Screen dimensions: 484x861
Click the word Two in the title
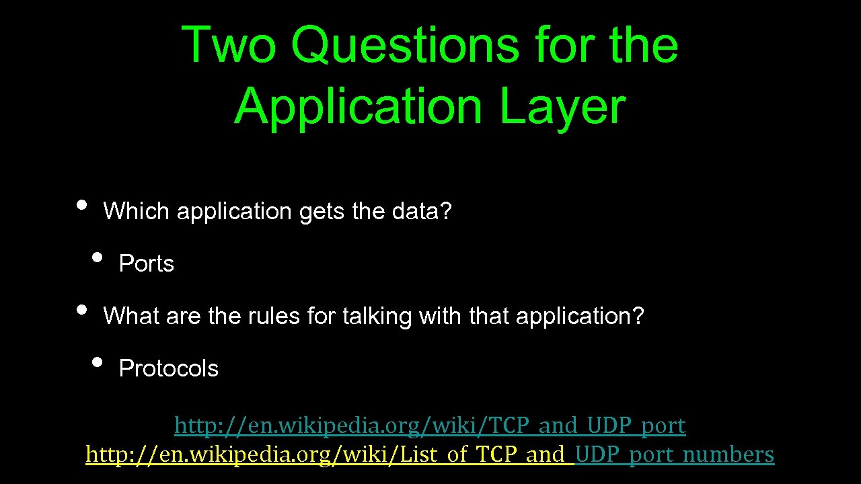coord(229,46)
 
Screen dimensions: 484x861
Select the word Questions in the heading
coord(405,46)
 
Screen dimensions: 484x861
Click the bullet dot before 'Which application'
coord(82,205)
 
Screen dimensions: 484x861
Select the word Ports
coord(146,264)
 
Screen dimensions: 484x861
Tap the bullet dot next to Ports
coord(98,257)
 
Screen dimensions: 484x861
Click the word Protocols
coord(168,369)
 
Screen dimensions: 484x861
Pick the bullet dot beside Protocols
coord(98,362)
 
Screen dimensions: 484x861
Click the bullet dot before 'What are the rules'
coord(82,309)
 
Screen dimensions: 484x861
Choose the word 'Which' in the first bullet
coord(136,212)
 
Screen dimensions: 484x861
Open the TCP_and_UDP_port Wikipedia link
coord(430,426)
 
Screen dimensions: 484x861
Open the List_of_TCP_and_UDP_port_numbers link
coord(430,455)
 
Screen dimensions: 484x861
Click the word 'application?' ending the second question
coord(580,316)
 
